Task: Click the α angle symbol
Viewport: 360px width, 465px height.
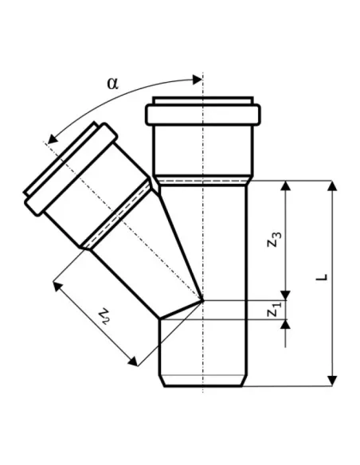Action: [x=112, y=84]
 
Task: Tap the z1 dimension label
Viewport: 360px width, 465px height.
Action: [x=274, y=310]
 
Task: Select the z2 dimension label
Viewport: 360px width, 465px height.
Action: [x=104, y=316]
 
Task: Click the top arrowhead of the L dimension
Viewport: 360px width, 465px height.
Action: [x=332, y=186]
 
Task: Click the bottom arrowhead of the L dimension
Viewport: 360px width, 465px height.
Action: [x=332, y=381]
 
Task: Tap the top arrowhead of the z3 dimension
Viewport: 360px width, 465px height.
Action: [x=286, y=186]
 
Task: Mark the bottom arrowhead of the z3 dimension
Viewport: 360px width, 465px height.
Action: [x=286, y=295]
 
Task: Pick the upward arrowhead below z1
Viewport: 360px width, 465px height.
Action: [x=286, y=325]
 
